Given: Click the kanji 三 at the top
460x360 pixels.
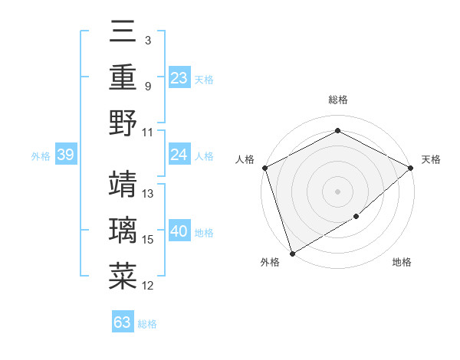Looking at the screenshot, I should (x=123, y=32).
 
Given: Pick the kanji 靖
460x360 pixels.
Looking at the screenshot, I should (x=123, y=184).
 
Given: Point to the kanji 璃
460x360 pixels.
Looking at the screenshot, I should (x=123, y=230).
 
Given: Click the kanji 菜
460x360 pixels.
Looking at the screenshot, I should (x=123, y=276).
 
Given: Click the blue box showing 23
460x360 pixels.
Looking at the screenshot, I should (x=179, y=78).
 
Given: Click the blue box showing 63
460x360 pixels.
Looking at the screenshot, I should (x=123, y=322).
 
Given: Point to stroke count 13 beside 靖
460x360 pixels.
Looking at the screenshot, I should (x=149, y=194).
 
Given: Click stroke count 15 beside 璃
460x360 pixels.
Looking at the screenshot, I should (x=149, y=240).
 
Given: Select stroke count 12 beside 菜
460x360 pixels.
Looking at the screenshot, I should (x=149, y=286).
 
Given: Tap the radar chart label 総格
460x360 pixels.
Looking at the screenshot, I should (x=337, y=100).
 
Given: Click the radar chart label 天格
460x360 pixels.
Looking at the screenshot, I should (x=431, y=159).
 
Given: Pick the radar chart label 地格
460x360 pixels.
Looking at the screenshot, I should (x=402, y=263).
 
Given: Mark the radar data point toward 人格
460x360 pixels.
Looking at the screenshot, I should (x=265, y=168).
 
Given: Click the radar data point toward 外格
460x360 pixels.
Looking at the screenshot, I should (x=292, y=253).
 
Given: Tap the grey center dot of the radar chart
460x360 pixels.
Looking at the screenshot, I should (x=337, y=191).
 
